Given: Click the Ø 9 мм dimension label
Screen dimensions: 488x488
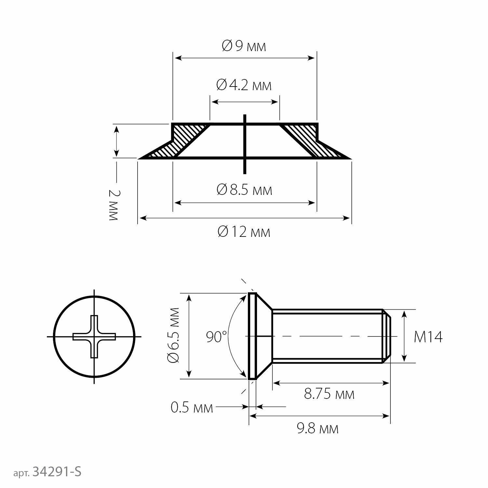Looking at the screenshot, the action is [x=244, y=46].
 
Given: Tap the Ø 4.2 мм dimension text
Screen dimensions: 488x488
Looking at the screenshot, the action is [x=244, y=85].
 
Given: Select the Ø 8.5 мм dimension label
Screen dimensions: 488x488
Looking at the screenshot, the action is [x=244, y=189].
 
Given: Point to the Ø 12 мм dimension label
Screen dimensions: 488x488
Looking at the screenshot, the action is [x=244, y=232].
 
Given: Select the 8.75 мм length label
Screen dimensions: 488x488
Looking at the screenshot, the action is [x=329, y=394].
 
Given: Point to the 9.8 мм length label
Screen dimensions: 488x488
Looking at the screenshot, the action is [x=318, y=428].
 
